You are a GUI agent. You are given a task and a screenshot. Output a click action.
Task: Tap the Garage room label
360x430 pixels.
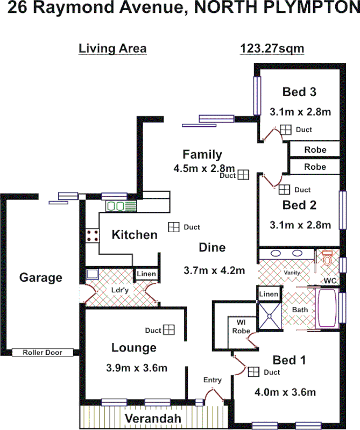tap(41, 278)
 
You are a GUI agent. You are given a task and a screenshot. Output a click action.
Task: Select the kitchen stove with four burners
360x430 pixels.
tap(92, 235)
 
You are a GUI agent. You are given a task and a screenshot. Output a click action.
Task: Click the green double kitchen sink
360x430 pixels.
tap(116, 206)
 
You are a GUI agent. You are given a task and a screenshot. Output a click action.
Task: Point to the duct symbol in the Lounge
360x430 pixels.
tap(170, 329)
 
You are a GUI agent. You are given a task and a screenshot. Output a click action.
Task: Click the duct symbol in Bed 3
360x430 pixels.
tap(285, 130)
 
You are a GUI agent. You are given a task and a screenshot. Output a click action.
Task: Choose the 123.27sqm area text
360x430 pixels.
tap(272, 48)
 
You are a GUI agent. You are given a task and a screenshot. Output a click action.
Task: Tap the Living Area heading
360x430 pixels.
tap(112, 48)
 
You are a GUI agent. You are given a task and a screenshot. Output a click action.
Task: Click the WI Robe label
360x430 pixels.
tap(240, 326)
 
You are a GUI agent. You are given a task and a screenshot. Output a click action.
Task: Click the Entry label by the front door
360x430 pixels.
tap(212, 380)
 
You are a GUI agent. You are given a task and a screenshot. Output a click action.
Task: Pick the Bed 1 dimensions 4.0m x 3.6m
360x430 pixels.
tap(285, 392)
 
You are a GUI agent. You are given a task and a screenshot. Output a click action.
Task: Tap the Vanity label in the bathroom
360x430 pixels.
tap(292, 273)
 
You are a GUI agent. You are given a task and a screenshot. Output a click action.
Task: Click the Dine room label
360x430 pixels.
tap(212, 248)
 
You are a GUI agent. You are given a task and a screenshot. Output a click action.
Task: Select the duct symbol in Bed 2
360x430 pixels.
tap(284, 189)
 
